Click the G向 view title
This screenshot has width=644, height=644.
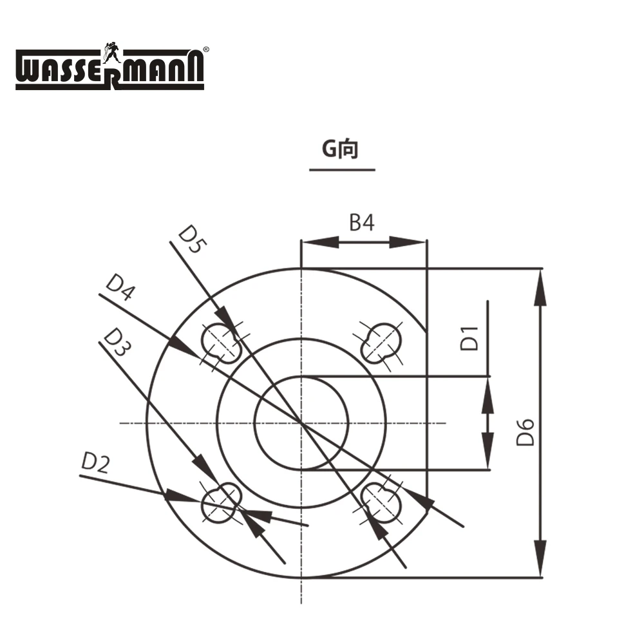341,149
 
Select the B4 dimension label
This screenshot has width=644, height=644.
361,223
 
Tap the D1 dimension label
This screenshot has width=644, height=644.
471,339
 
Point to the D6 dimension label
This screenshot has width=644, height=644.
526,432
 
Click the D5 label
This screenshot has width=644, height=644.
190,239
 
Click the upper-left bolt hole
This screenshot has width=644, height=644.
221,341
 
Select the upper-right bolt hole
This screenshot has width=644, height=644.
381,341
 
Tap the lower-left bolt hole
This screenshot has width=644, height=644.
221,503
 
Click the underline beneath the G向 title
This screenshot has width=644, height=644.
342,170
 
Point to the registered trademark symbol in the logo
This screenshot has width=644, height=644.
206,49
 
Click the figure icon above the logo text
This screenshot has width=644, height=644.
110,52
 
